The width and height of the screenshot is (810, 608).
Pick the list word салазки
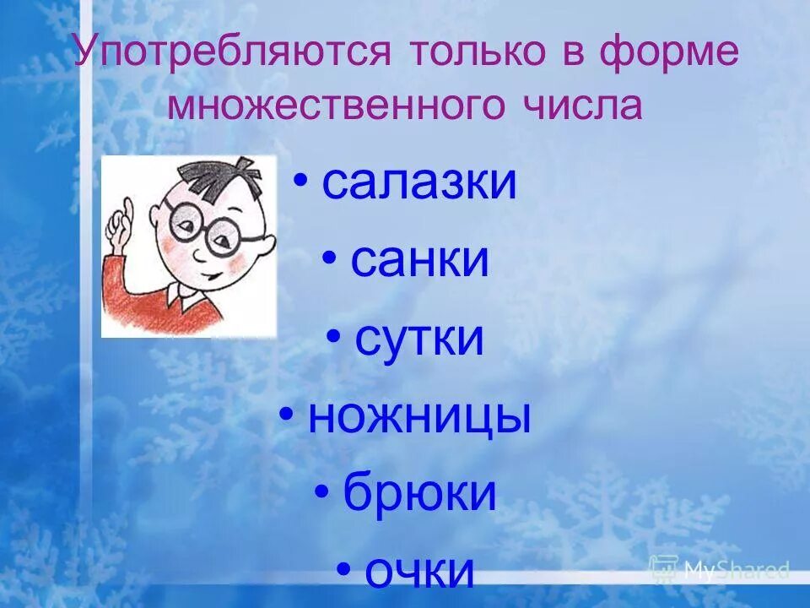[418, 182]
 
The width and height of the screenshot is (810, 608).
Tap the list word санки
[419, 260]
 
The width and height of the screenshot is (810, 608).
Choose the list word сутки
[419, 339]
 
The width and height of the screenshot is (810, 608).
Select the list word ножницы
[419, 417]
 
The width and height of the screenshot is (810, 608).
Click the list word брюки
[419, 494]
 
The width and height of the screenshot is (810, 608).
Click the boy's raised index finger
[127, 206]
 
